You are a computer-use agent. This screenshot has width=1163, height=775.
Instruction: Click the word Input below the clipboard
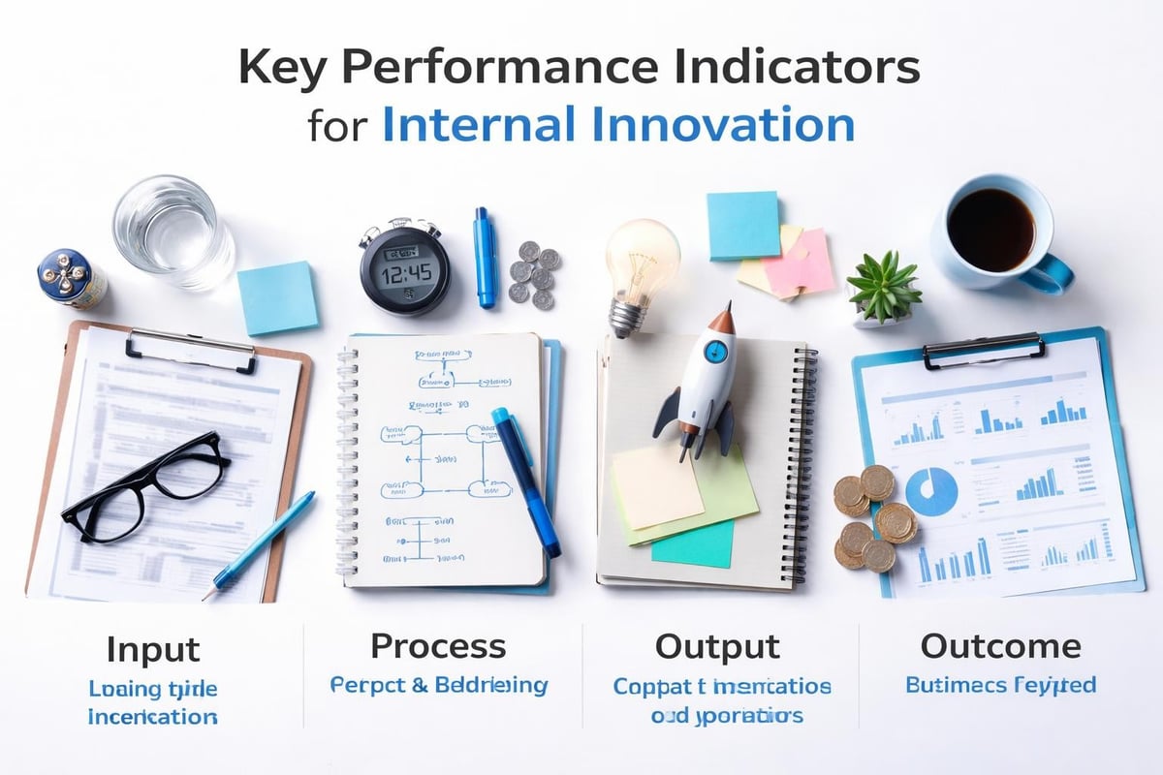152,649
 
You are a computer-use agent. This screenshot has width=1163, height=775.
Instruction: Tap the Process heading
438,646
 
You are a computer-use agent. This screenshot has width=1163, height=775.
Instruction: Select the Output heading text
717,647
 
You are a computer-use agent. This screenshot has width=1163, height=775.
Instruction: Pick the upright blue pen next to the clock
485,257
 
